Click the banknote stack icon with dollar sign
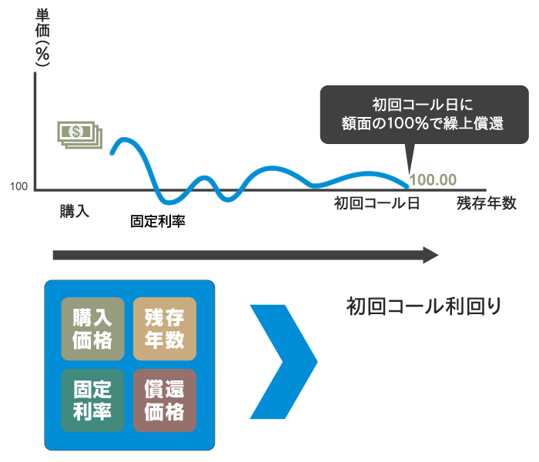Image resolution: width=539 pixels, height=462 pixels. (x=80, y=135)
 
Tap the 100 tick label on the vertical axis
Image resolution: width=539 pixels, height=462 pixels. (x=18, y=186)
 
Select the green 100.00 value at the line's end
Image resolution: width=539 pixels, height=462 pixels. (x=433, y=179)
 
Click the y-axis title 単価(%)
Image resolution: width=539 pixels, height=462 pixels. (x=42, y=37)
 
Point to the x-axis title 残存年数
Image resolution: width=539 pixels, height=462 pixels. (x=487, y=203)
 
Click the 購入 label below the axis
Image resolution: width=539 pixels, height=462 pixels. (x=75, y=211)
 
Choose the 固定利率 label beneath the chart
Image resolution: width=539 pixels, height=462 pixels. (x=158, y=222)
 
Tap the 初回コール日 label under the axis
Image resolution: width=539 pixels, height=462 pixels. (x=377, y=203)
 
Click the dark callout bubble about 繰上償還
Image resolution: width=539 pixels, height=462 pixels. (x=424, y=115)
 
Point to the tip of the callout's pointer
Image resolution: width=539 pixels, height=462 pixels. (x=409, y=174)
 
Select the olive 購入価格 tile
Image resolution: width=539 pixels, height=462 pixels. (x=92, y=329)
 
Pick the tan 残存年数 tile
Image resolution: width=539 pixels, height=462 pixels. (x=165, y=329)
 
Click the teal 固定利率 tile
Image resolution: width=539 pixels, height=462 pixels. (x=92, y=400)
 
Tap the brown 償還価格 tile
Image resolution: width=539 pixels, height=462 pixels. (x=165, y=400)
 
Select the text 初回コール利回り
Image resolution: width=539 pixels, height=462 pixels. (x=423, y=306)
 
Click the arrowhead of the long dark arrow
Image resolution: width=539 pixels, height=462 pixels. (x=430, y=255)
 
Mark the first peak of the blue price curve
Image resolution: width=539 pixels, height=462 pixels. (x=124, y=139)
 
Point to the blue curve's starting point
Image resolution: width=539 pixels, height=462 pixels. (x=112, y=153)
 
